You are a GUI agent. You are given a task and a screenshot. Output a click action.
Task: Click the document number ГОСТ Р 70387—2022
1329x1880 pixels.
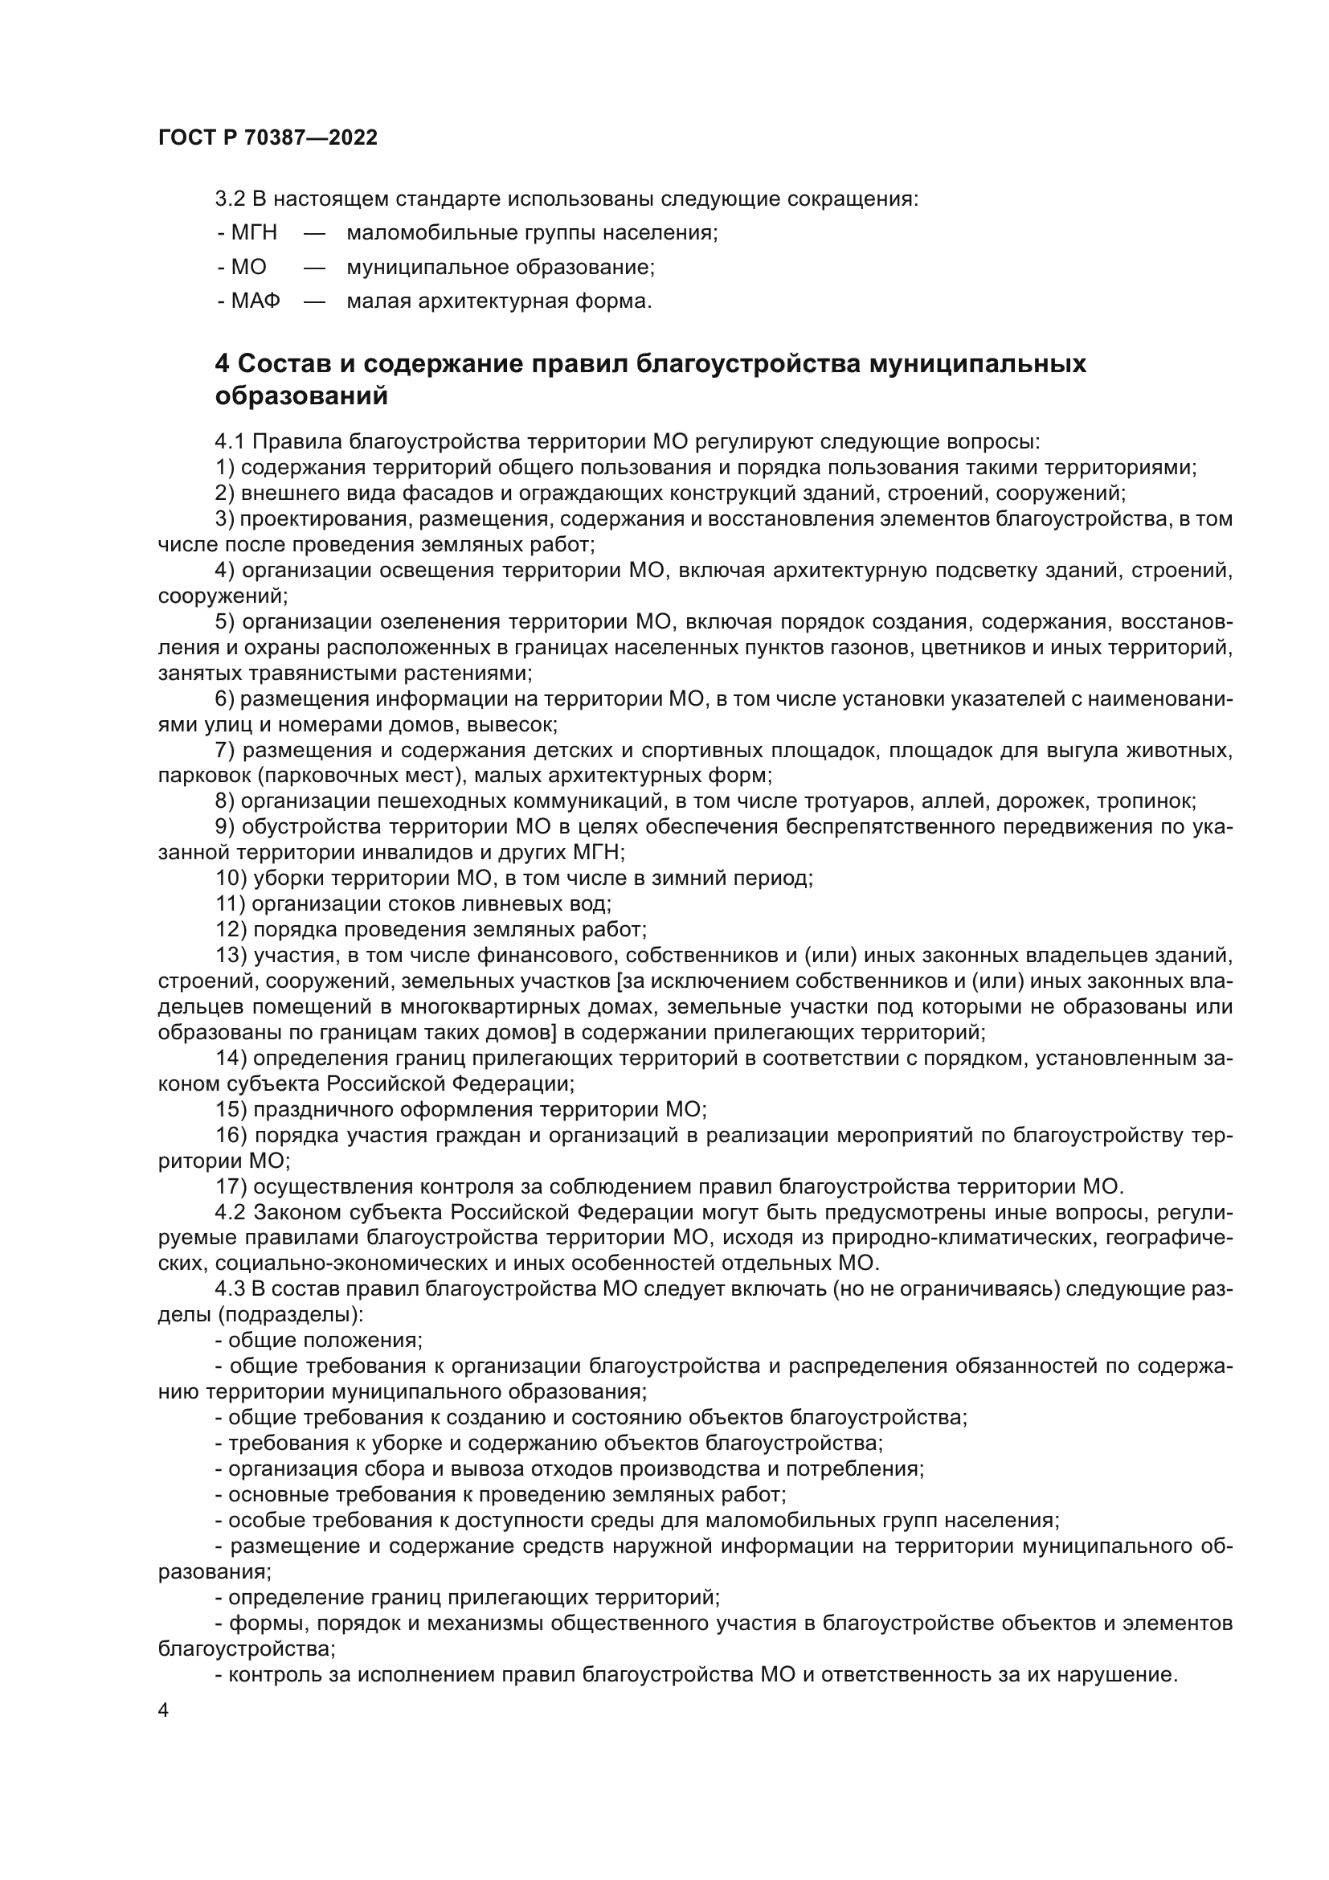click(268, 138)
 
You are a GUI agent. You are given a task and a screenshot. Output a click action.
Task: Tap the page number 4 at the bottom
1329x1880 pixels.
click(164, 1711)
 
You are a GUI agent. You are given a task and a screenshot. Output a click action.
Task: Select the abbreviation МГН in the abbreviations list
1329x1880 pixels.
click(254, 232)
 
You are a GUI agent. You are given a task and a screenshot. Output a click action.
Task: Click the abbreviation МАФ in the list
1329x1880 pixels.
click(256, 301)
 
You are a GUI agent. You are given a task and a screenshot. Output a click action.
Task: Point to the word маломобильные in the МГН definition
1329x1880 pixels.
click(431, 232)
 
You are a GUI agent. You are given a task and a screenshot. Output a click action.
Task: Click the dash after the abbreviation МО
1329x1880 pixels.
click(314, 267)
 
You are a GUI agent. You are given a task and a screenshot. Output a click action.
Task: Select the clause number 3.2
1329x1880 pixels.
click(229, 199)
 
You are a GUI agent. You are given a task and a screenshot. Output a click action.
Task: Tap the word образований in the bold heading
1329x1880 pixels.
click(301, 397)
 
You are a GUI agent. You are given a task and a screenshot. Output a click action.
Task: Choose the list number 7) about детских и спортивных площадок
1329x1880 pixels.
click(226, 750)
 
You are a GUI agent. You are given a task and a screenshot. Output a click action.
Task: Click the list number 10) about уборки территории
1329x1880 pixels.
click(231, 879)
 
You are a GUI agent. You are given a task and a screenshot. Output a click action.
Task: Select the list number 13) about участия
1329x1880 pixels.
click(231, 956)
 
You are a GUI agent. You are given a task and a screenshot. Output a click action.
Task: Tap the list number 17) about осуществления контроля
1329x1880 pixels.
click(231, 1186)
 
